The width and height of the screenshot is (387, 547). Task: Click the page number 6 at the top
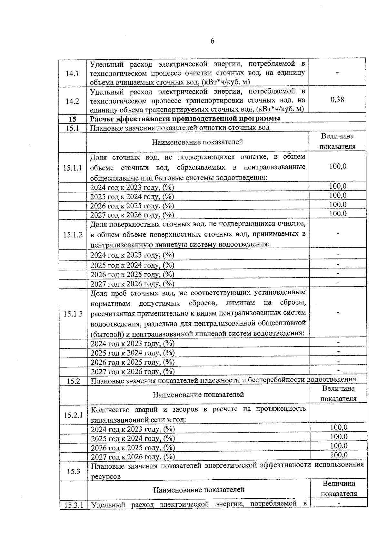212,41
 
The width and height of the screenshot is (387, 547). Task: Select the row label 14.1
72,73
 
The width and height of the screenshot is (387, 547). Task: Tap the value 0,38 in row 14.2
337,100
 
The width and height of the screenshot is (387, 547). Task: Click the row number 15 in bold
73,119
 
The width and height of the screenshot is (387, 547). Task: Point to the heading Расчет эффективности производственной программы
185,118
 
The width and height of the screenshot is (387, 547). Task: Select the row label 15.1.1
73,168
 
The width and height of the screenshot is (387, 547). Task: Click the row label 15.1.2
73,235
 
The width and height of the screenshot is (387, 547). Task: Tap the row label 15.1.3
73,314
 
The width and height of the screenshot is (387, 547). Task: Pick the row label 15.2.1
73,415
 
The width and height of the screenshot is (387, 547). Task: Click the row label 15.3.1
74,505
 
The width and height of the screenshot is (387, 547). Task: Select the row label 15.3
74,471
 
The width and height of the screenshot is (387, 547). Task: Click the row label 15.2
73,381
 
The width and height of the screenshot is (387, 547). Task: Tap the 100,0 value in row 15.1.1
338,167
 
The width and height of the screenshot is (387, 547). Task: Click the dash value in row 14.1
337,73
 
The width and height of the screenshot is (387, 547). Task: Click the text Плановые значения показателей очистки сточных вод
180,128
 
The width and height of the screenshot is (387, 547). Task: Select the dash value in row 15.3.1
339,503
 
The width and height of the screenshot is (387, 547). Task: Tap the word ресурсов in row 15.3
106,476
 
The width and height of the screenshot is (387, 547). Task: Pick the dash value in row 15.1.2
338,234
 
